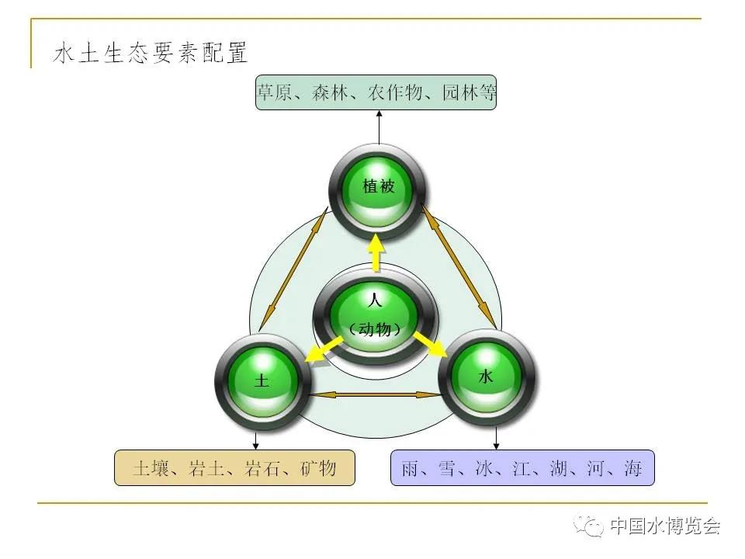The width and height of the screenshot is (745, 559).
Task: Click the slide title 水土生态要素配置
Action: pyautogui.click(x=150, y=52)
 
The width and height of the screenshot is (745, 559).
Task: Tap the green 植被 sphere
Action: pyautogui.click(x=378, y=192)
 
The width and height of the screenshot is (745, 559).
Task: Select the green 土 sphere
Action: pyautogui.click(x=263, y=382)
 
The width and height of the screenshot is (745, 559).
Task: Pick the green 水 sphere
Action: pyautogui.click(x=486, y=377)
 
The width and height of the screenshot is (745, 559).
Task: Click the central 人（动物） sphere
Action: pyautogui.click(x=375, y=317)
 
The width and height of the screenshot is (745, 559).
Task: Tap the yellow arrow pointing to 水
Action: pyautogui.click(x=431, y=344)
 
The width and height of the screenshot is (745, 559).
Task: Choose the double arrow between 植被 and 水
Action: pyautogui.click(x=459, y=266)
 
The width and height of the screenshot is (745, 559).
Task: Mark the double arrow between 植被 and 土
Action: pyautogui.click(x=293, y=269)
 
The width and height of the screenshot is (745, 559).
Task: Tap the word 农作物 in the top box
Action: pyautogui.click(x=395, y=92)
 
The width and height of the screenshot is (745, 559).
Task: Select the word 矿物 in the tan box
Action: pyautogui.click(x=318, y=468)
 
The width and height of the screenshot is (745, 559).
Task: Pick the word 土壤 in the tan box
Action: pyautogui.click(x=151, y=468)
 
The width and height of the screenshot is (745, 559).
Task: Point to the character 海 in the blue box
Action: pyautogui.click(x=633, y=468)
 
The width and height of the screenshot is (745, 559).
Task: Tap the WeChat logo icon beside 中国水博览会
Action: pyautogui.click(x=588, y=525)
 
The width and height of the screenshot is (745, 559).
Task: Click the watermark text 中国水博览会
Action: pyautogui.click(x=665, y=526)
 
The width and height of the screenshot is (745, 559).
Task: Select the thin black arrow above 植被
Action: pyautogui.click(x=379, y=127)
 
